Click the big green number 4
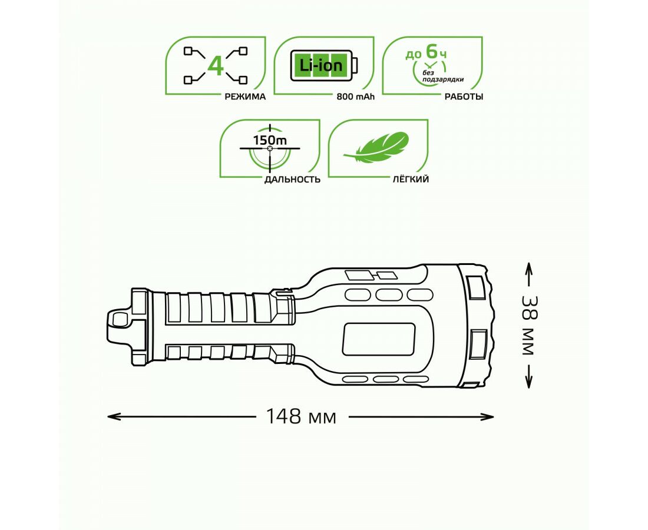point(215,66)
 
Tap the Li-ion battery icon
point(324,66)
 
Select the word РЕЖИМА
point(245,97)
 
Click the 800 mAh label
point(355,97)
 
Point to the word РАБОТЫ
point(464,97)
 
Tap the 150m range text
point(270,140)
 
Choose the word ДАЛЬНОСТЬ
point(292,179)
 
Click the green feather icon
point(376,147)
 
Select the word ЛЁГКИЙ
point(411,179)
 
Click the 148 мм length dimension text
point(301,416)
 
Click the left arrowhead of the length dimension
point(111,416)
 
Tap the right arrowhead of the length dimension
point(490,416)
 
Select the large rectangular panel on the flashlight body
point(379,339)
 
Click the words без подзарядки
point(442,77)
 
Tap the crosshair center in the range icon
point(270,148)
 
